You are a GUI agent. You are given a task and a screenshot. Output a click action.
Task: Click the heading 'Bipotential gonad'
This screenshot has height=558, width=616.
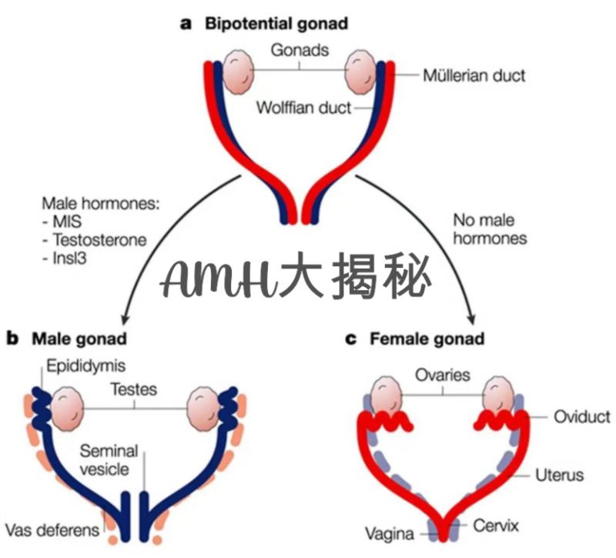(x=276, y=23)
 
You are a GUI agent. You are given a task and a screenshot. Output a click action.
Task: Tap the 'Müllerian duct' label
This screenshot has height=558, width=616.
(x=474, y=75)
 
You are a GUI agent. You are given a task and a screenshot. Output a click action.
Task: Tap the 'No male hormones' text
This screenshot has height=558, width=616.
(x=490, y=229)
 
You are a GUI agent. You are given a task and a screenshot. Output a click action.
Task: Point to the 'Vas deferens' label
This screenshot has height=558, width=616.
(x=52, y=530)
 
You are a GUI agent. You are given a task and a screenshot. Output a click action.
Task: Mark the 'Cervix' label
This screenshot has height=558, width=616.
(x=497, y=527)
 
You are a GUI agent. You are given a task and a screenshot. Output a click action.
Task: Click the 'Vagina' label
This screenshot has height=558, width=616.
(x=392, y=533)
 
